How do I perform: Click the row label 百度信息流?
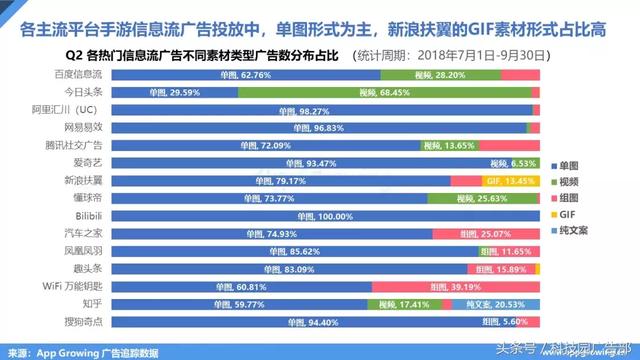[x=79, y=74]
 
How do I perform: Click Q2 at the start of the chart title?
[x=74, y=54]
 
